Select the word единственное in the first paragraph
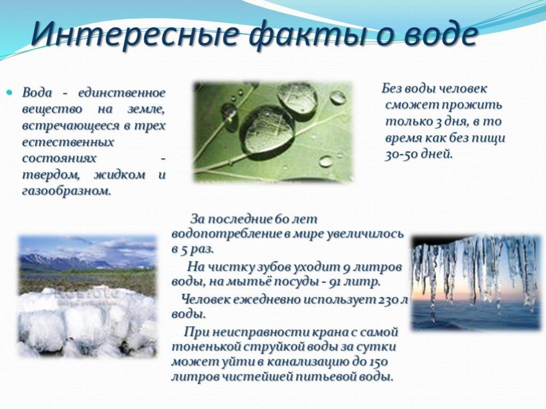click(x=122, y=93)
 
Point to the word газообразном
click(x=67, y=191)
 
